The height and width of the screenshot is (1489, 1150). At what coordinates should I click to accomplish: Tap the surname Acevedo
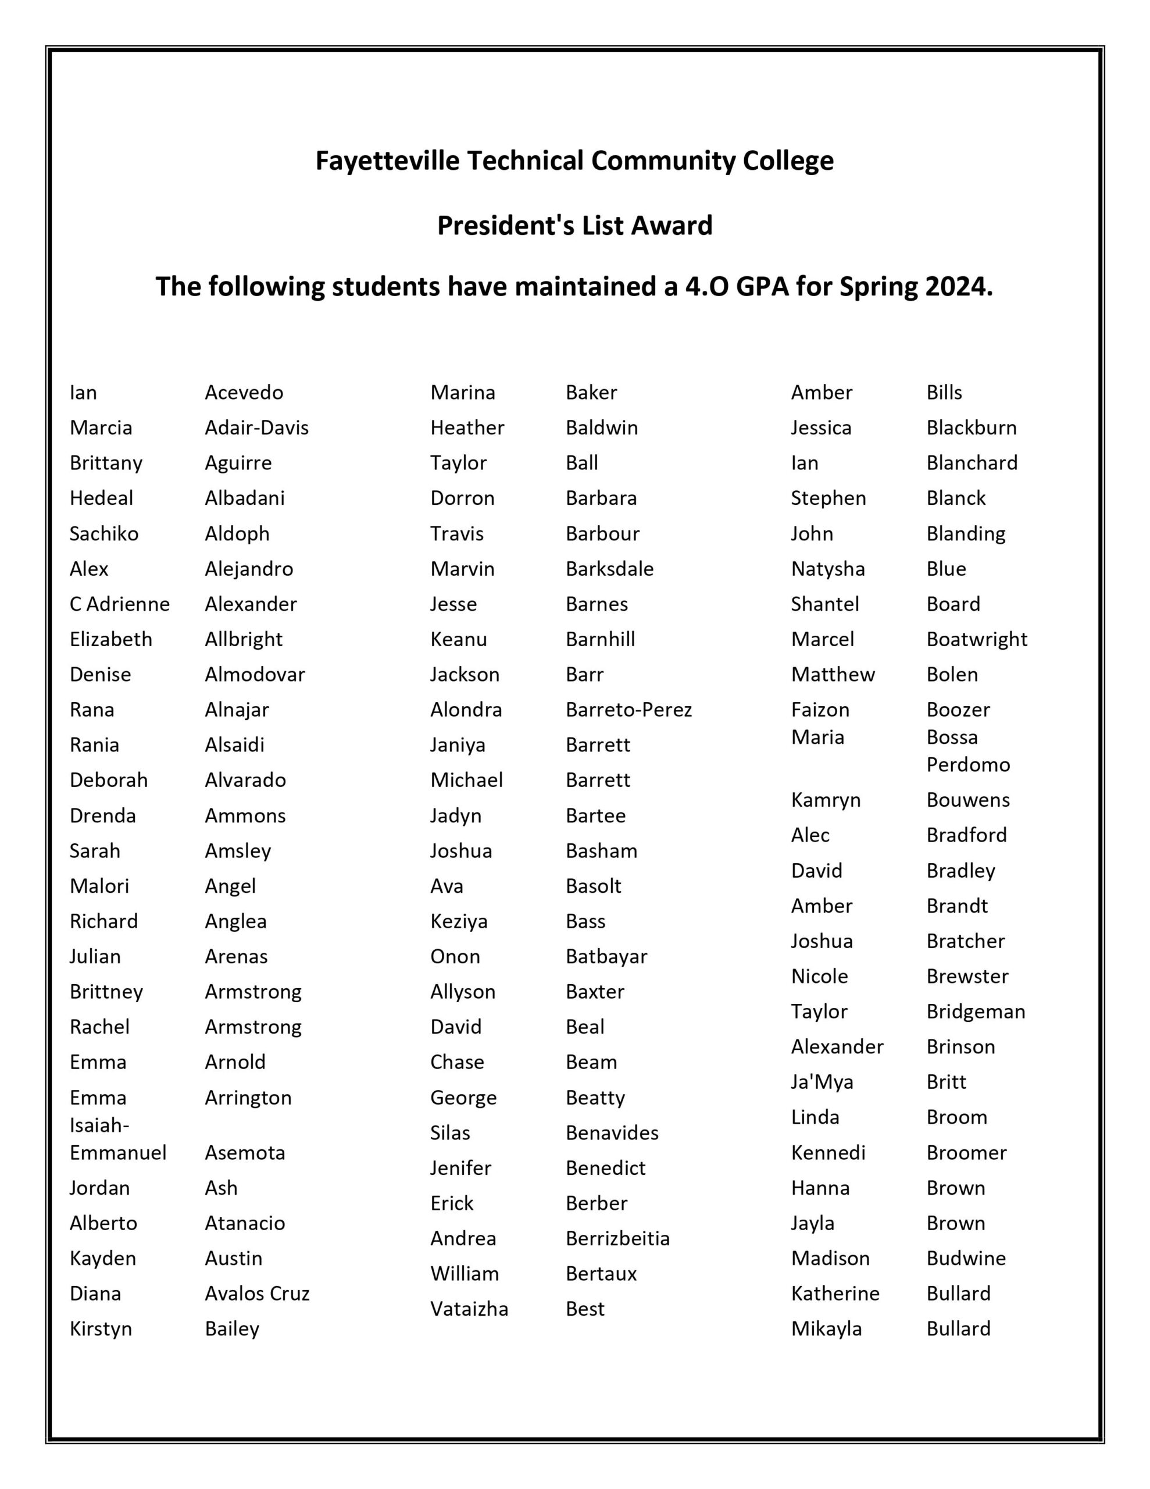[x=244, y=393]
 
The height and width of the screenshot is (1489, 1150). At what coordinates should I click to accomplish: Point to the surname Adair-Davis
[x=256, y=428]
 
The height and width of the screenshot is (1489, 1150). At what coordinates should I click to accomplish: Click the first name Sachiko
[x=103, y=533]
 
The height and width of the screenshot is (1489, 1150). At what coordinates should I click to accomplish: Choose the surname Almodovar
[x=255, y=674]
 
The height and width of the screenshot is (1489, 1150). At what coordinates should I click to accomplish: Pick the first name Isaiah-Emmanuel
[x=117, y=1139]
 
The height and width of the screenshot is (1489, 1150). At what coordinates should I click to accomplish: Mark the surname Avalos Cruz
[x=257, y=1294]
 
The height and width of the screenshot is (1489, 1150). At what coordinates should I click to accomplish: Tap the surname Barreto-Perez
[x=628, y=710]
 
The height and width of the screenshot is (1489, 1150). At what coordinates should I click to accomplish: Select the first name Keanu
[x=458, y=639]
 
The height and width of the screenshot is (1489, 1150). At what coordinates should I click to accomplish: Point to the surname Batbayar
[x=606, y=957]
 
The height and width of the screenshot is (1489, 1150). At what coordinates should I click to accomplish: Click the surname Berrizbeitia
[x=617, y=1238]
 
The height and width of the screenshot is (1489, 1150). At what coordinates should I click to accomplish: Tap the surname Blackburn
[x=972, y=428]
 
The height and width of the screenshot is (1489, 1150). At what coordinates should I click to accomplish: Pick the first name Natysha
[x=827, y=569]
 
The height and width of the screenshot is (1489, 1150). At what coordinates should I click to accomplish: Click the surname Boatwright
[x=976, y=639]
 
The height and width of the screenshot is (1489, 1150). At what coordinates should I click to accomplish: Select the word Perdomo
[x=968, y=764]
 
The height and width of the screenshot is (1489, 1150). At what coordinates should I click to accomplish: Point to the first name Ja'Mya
[x=822, y=1082]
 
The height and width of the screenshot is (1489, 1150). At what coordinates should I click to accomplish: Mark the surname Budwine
[x=966, y=1258]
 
